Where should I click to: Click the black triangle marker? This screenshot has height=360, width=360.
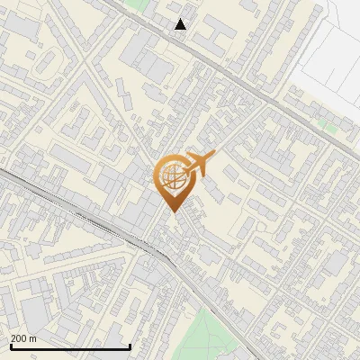pyautogui.click(x=181, y=24)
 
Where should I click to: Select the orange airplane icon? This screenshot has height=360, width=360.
pyautogui.click(x=199, y=164)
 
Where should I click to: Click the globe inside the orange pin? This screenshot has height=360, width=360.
pyautogui.click(x=170, y=176)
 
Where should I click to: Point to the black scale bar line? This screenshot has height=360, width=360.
pyautogui.click(x=70, y=346)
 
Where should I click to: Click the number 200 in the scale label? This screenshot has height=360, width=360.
pyautogui.click(x=18, y=338)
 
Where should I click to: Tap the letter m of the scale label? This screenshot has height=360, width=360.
pyautogui.click(x=32, y=338)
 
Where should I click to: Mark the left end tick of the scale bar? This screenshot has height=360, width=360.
pyautogui.click(x=10, y=345)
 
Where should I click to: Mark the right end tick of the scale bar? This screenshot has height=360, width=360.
pyautogui.click(x=130, y=345)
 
